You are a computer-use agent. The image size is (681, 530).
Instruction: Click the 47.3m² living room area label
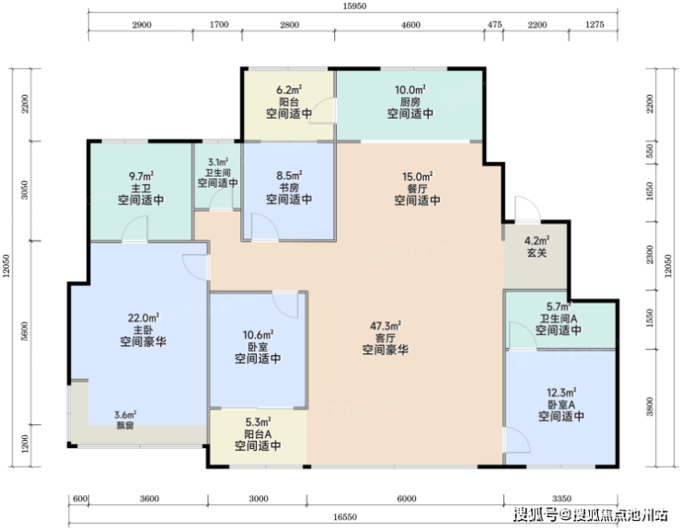pyautogui.click(x=386, y=326)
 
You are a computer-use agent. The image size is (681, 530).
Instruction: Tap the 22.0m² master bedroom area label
pyautogui.click(x=143, y=317)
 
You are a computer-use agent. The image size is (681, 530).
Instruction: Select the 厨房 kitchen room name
pyautogui.click(x=410, y=102)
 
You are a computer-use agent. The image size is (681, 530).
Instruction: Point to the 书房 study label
pyautogui.click(x=289, y=188)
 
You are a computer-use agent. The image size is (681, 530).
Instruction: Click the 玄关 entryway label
pyautogui.click(x=537, y=252)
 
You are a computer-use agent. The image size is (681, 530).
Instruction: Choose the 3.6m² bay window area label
pyautogui.click(x=125, y=414)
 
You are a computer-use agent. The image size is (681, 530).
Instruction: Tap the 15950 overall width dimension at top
pyautogui.click(x=354, y=6)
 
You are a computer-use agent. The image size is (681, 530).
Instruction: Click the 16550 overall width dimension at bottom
pyautogui.click(x=345, y=517)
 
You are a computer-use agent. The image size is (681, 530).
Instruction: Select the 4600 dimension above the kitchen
pyautogui.click(x=410, y=25)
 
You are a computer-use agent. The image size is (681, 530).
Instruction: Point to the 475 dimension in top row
pyautogui.click(x=494, y=25)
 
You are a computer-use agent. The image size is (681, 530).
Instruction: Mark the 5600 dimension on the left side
pyautogui.click(x=24, y=331)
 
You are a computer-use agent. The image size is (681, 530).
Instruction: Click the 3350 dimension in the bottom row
pyautogui.click(x=561, y=499)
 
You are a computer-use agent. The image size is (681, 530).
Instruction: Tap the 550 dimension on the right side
pyautogui.click(x=650, y=151)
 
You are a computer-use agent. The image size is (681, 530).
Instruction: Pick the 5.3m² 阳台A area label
pyautogui.click(x=258, y=421)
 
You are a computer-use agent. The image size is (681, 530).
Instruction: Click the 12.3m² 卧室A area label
pyautogui.click(x=561, y=393)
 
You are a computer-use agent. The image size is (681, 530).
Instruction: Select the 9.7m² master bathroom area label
pyautogui.click(x=142, y=177)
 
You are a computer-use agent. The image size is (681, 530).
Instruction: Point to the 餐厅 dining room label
pyautogui.click(x=418, y=189)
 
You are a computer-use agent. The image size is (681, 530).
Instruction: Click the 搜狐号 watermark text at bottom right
pyautogui.click(x=536, y=514)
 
